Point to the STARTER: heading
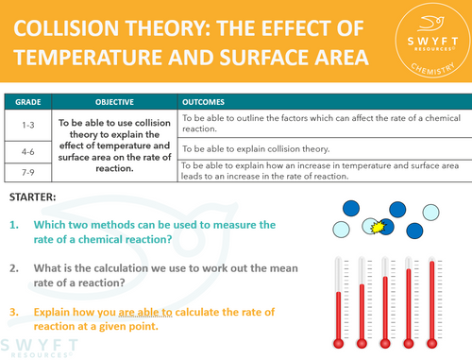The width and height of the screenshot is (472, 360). [x=32, y=197]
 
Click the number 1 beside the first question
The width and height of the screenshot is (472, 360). [x=15, y=225]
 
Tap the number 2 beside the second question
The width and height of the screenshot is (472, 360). [x=15, y=268]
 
